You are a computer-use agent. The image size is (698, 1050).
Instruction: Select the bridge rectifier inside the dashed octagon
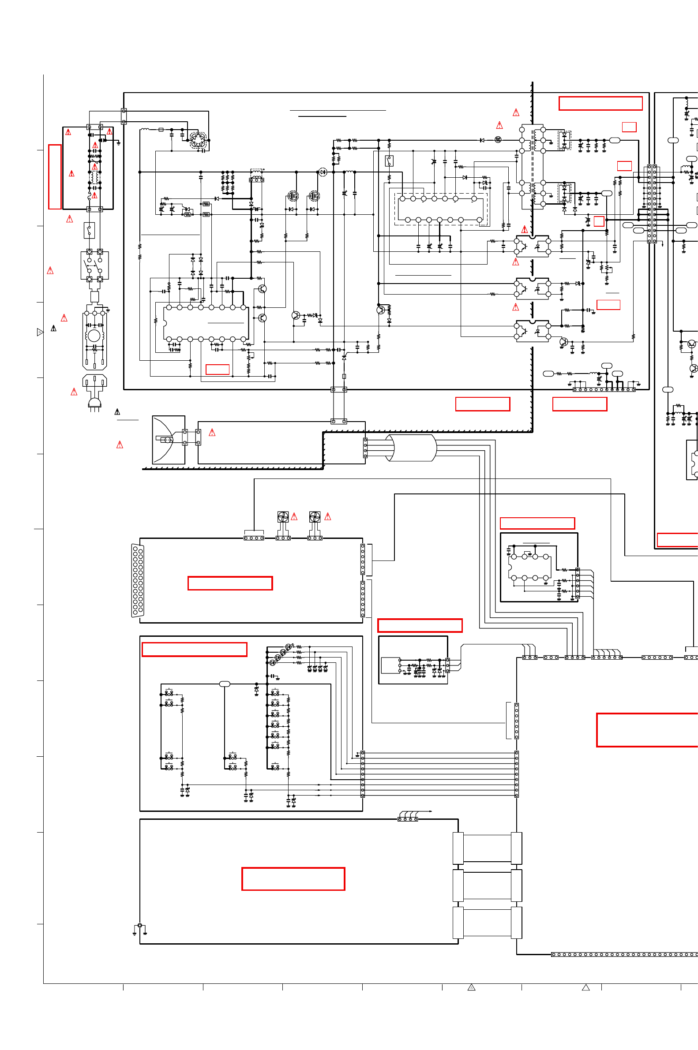pos(198,140)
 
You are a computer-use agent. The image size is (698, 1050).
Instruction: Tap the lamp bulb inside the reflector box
pos(167,440)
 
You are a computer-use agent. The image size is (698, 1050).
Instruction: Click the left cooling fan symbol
pos(283,517)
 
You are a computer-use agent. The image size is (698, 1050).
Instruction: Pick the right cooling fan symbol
pos(315,517)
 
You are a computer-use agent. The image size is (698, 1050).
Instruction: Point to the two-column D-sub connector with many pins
pos(138,581)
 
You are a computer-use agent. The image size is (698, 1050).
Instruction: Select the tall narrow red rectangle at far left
pos(55,177)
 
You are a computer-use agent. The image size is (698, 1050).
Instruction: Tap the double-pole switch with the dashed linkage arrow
pos(94,265)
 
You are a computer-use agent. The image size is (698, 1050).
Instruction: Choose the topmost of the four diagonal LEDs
pos(288,646)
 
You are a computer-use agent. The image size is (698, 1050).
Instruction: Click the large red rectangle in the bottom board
pos(293,879)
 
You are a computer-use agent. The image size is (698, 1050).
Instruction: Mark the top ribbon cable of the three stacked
pos(487,848)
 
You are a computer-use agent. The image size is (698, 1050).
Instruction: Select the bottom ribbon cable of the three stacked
pos(487,923)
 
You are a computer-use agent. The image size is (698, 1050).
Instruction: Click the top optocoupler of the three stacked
pos(533,246)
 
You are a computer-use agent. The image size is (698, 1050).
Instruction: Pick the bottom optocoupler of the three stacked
pos(533,331)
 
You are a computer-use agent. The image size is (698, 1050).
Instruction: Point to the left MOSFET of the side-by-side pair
pos(293,195)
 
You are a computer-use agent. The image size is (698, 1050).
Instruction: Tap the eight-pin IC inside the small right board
pos(530,567)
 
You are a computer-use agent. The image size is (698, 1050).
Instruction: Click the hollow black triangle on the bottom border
pos(586,988)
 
